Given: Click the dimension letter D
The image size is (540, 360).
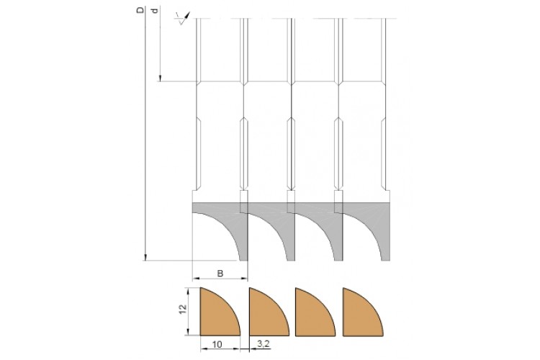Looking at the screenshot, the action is coord(140,10).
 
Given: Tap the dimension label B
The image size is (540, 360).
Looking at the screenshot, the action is coord(220,273).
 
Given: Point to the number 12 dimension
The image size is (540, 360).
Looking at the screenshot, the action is coord(183,308).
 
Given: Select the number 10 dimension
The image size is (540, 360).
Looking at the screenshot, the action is coord(217,344).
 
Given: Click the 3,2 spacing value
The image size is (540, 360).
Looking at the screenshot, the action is coord(263,343).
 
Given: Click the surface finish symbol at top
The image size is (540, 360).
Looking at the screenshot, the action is coord(183,18).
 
